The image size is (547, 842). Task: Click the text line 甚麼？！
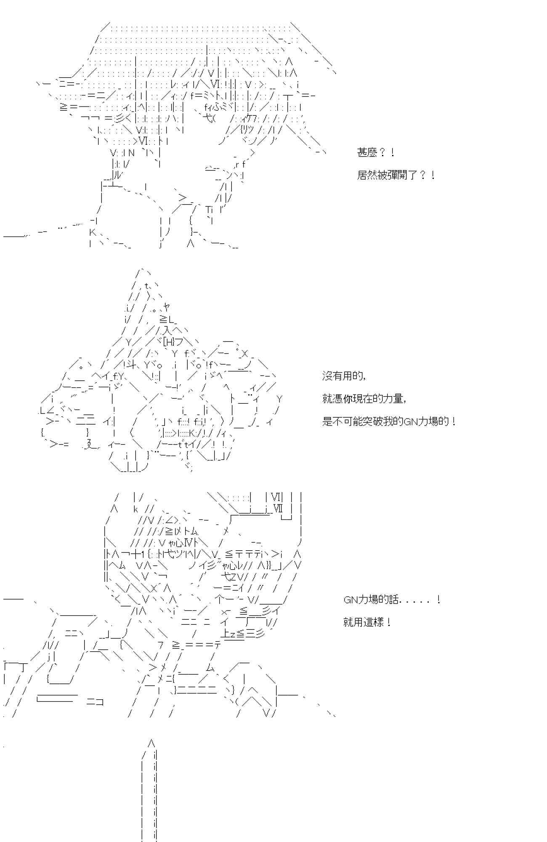[376, 152]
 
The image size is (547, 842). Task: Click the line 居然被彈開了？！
[396, 175]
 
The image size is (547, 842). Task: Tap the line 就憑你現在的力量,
[364, 398]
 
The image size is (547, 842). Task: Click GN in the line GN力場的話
[350, 600]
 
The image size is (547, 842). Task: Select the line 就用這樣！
[367, 622]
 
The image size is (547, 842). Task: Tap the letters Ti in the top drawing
[210, 209]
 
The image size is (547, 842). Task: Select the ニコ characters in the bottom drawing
[95, 702]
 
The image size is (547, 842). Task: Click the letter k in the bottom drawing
[135, 509]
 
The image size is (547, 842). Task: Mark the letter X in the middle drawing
[246, 353]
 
